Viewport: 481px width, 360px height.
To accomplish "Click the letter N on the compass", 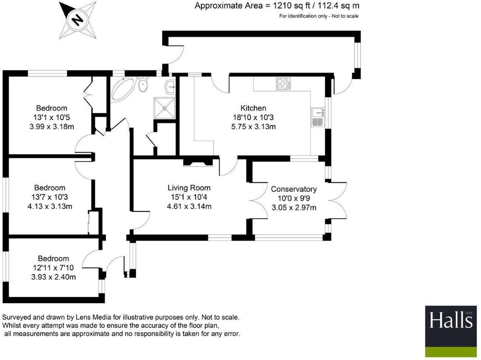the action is [x=77, y=20].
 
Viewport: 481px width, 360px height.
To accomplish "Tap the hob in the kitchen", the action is [x=283, y=84].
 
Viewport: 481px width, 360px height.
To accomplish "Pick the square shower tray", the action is [x=165, y=108].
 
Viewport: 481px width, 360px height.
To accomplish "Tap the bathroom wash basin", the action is [x=170, y=87].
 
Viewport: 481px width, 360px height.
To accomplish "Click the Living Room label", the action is [x=189, y=188].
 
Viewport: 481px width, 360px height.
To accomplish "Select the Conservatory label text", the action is [x=293, y=189].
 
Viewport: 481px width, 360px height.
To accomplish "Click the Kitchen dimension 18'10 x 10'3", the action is [x=253, y=117].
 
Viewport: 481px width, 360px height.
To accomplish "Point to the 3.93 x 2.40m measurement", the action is [x=54, y=277].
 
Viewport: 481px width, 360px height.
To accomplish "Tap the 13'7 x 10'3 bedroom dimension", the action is [x=49, y=197].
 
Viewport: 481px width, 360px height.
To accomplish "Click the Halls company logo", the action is [x=451, y=331].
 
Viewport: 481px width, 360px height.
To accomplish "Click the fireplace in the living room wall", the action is [x=198, y=162].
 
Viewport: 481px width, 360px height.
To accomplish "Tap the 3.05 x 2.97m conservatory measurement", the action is [x=294, y=207].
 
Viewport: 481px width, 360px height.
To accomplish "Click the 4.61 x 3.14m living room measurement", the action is [x=189, y=206].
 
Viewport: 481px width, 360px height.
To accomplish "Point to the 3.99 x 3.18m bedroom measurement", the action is [x=52, y=126].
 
